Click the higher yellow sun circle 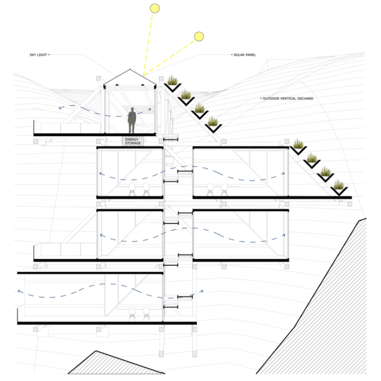coord(154,8)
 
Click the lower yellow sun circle coord(199,37)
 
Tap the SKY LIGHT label coord(38,55)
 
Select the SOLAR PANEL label coord(244,55)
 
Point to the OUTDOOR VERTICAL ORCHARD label coord(288,99)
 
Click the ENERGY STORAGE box coord(133,141)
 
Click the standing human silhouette coord(132,120)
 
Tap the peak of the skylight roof coord(130,69)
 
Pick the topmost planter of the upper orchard coord(173,85)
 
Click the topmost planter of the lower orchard coord(298,148)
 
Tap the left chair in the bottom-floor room coord(132,314)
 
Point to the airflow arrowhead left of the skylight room coord(61,108)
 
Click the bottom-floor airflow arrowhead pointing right coord(201,291)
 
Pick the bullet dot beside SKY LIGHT coord(49,55)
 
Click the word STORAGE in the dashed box coord(133,144)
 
